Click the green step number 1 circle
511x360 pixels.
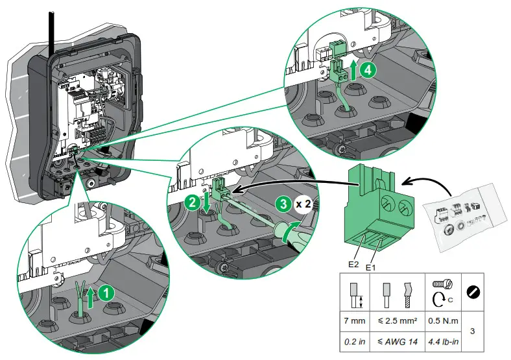click(108, 293)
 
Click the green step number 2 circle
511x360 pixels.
click(192, 202)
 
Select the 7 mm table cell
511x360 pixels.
click(355, 320)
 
